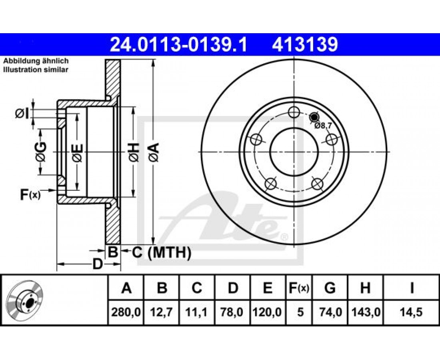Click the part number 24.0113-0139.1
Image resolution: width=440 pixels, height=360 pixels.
tap(178, 44)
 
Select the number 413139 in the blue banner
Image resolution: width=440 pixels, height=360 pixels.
tap(305, 44)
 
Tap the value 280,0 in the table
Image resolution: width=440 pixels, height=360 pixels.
tap(126, 312)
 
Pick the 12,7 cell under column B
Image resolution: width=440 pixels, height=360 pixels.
tap(162, 312)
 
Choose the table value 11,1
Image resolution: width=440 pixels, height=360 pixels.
tap(197, 312)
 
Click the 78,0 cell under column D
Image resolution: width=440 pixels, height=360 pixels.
tap(232, 312)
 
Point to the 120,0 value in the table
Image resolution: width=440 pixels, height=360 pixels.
tap(267, 312)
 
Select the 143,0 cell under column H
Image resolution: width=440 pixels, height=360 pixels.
tap(365, 312)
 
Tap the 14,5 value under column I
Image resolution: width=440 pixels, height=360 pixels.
tap(412, 312)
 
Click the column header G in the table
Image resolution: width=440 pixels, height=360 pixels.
tap(330, 288)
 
